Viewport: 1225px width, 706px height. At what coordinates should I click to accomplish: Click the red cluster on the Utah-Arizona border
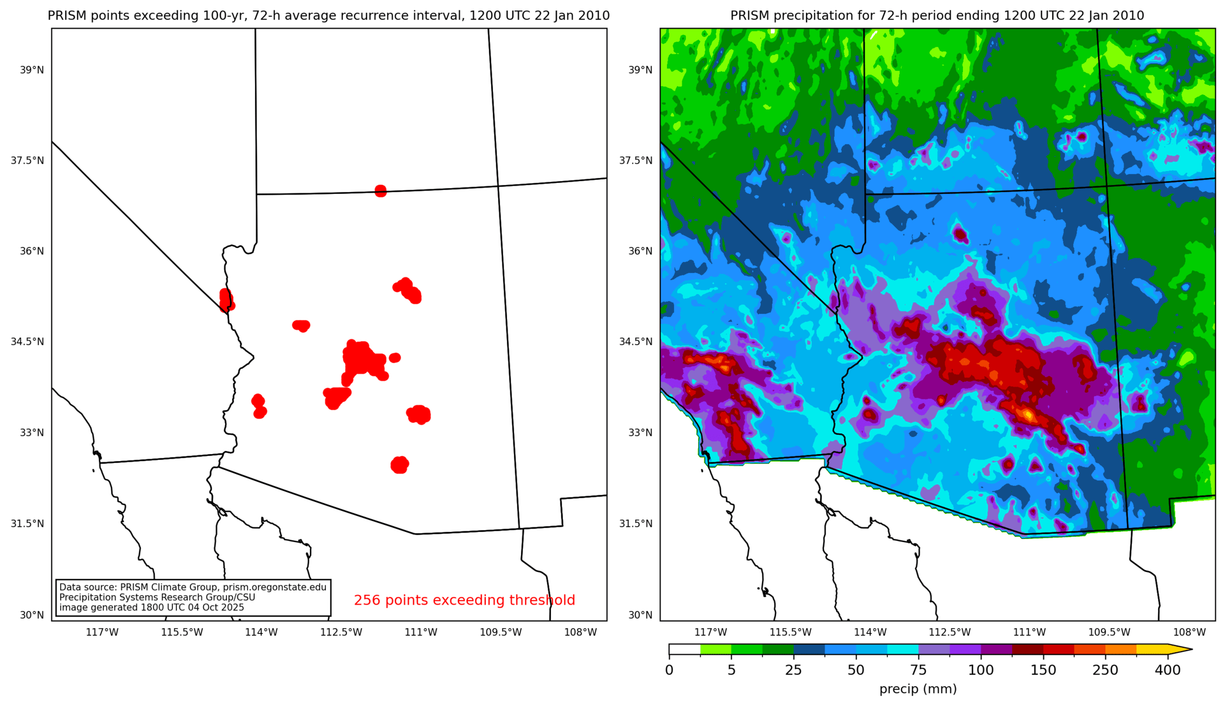tap(380, 190)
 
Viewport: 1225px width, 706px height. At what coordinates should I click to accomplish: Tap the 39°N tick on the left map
tap(32, 70)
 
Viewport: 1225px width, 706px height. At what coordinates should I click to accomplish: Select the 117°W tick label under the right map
tap(710, 632)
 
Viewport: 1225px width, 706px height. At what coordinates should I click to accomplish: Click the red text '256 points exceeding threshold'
tap(464, 600)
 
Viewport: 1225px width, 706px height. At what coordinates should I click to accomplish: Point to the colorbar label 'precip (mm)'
tap(918, 689)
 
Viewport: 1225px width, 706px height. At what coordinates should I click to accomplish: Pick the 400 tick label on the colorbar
tap(1167, 670)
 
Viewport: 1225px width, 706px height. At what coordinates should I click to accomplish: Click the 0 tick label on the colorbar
tap(669, 670)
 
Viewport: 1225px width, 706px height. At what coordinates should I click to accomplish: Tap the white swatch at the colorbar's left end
tap(685, 649)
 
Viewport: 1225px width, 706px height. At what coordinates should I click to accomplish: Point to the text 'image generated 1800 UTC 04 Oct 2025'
tap(151, 608)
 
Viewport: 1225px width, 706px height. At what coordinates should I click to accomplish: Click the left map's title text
tap(328, 16)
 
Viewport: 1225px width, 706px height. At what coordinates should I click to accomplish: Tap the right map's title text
tap(937, 16)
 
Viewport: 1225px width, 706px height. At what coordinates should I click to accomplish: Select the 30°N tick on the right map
tap(640, 615)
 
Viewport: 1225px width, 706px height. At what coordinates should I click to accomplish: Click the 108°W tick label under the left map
tap(580, 632)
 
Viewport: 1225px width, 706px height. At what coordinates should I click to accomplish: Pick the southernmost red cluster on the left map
tap(400, 465)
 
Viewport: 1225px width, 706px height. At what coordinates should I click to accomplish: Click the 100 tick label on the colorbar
tap(981, 670)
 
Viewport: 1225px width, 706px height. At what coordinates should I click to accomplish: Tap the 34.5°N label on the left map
tap(28, 342)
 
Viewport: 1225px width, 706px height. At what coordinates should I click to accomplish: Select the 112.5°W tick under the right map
tap(950, 632)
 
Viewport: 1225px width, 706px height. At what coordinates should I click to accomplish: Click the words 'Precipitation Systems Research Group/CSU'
tap(157, 598)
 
